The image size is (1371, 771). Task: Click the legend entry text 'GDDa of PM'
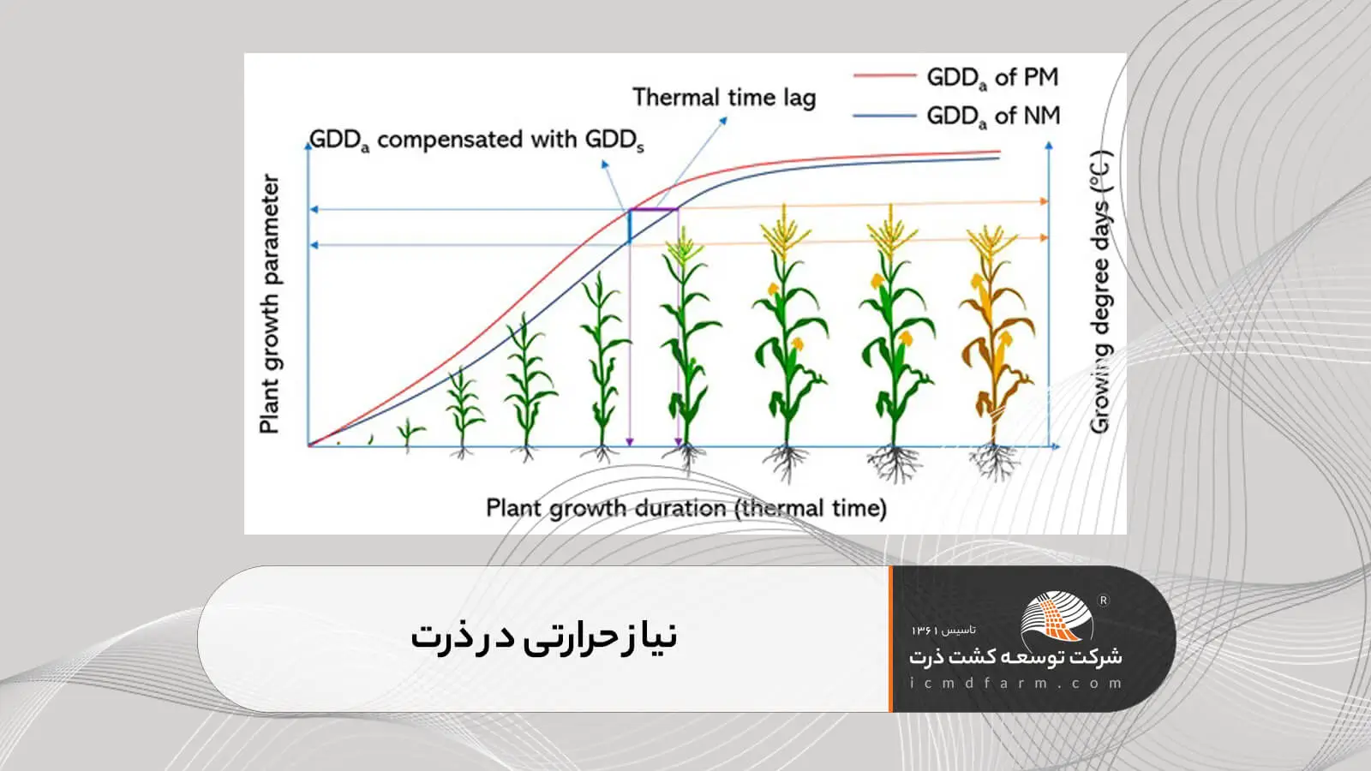(x=993, y=78)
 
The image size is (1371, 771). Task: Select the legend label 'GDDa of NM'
(x=993, y=117)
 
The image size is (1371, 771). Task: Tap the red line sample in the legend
(x=884, y=76)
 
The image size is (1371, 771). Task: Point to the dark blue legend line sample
(x=884, y=115)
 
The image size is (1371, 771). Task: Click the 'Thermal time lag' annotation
(x=724, y=98)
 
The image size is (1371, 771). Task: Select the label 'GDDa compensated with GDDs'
(x=476, y=140)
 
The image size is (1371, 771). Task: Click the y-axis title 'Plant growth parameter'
(x=269, y=304)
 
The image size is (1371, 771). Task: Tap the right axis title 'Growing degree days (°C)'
(x=1100, y=292)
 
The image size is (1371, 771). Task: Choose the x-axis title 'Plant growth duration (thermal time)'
(x=686, y=509)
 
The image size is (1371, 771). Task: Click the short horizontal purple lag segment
(x=654, y=210)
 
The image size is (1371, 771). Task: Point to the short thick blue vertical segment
(x=629, y=226)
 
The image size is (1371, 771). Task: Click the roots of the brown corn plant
(x=995, y=463)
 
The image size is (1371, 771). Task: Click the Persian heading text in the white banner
(x=544, y=637)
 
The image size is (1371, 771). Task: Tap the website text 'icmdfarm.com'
(x=1016, y=684)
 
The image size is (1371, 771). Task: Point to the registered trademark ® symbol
(x=1104, y=601)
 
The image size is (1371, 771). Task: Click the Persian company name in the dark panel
(x=1016, y=657)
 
